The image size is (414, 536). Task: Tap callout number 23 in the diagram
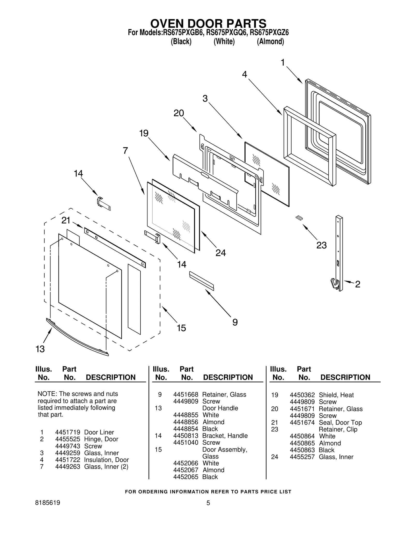point(321,245)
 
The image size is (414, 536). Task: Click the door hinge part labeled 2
point(339,254)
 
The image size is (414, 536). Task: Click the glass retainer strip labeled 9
point(202,281)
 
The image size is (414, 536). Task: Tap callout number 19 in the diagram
point(144,133)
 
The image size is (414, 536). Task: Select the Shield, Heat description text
point(336,395)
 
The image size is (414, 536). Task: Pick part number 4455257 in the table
point(302,457)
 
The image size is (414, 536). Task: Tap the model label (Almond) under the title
point(270,41)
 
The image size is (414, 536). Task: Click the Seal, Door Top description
point(340,422)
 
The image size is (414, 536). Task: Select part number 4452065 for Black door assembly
point(186,477)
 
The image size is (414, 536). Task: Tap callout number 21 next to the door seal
point(66,220)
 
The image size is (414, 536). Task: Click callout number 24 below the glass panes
point(220,253)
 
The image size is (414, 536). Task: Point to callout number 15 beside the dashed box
point(181,328)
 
